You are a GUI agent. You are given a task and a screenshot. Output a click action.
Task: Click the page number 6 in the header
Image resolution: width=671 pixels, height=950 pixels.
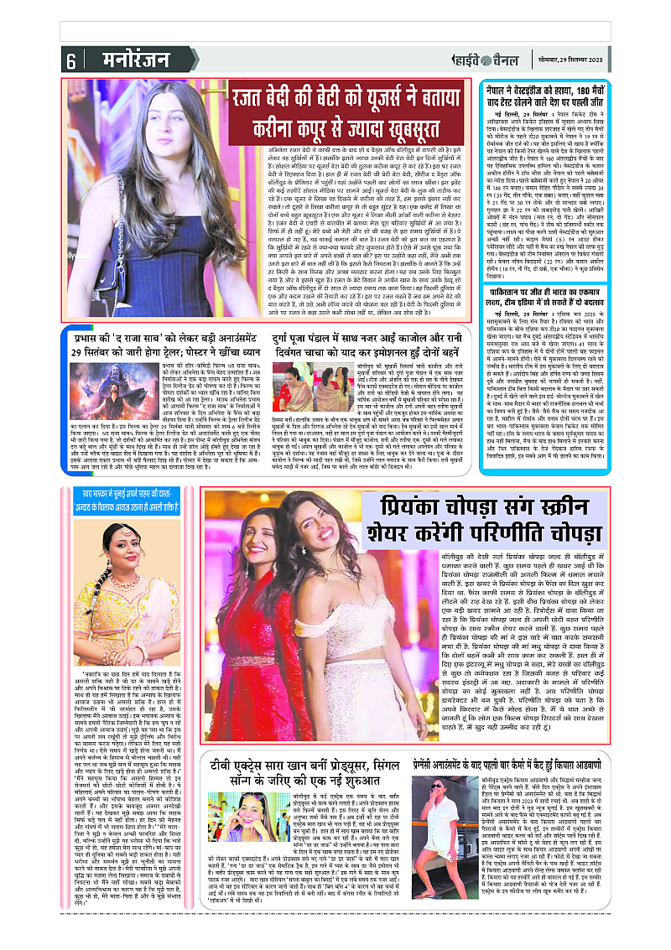pyautogui.click(x=70, y=60)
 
